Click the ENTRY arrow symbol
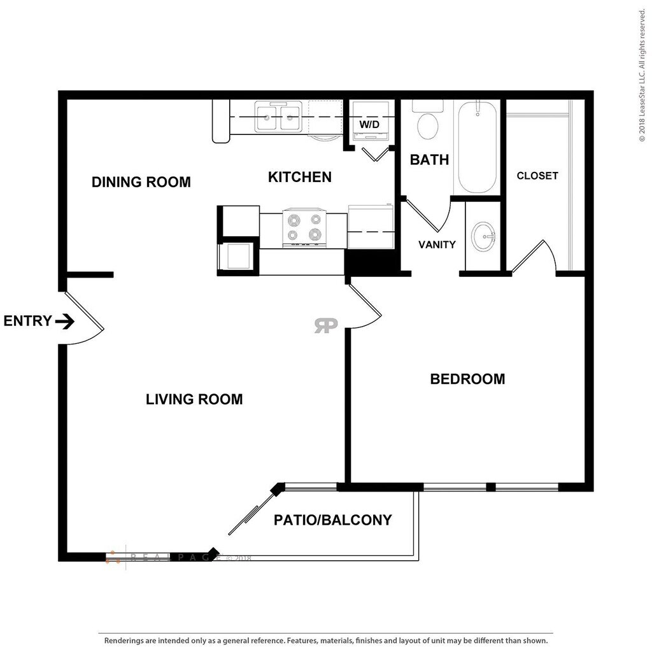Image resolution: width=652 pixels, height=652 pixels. click(64, 322)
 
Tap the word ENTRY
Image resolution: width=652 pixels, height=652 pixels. click(27, 321)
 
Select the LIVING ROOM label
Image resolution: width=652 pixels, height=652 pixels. click(194, 399)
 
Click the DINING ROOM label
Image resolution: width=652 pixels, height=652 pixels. click(141, 182)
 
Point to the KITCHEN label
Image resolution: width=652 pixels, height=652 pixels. click(299, 177)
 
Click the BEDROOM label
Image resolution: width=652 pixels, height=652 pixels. click(467, 379)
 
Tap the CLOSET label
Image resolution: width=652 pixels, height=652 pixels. click(537, 176)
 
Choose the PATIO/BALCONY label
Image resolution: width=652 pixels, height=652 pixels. click(332, 520)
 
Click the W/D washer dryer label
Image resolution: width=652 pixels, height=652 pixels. click(369, 125)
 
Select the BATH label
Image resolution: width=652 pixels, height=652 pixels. click(429, 160)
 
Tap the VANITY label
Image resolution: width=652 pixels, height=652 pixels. click(437, 244)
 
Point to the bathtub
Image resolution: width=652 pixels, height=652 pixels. click(477, 147)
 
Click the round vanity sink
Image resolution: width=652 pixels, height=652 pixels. click(484, 237)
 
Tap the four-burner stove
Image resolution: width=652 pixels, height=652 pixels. click(304, 227)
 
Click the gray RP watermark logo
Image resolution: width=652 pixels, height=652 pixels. click(325, 325)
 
